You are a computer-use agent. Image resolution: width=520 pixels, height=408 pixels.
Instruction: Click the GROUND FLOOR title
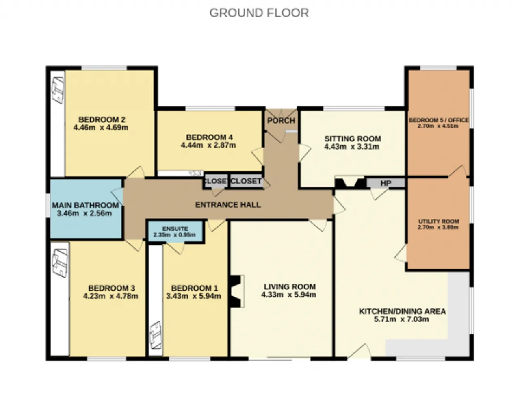point(259,13)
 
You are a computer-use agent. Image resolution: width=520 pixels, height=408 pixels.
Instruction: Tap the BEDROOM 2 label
point(102,119)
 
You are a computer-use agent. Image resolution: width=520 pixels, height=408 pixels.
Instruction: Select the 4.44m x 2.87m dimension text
point(208,145)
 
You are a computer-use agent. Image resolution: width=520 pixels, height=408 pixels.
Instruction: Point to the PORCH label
point(281,120)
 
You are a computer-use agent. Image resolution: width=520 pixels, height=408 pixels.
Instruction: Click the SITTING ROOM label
point(353,139)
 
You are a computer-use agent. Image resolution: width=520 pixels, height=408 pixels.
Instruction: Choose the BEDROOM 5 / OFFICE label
point(439,120)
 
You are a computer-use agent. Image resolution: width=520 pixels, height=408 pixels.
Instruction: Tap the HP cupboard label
point(386,183)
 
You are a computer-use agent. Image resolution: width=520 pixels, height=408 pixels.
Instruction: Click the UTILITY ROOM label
point(439,221)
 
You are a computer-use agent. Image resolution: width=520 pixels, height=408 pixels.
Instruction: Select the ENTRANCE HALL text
point(228,205)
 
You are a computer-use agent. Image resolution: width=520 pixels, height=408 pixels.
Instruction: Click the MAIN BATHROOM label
point(85,205)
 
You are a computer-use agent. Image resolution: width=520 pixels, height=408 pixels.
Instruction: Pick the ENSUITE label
point(175,229)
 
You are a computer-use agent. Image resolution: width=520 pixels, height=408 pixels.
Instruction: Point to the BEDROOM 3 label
point(112,288)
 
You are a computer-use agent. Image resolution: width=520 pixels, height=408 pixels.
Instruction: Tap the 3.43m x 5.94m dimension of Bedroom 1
point(193,296)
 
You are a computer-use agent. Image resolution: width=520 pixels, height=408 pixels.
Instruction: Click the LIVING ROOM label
point(290,286)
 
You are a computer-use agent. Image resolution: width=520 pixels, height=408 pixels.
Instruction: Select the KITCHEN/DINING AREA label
point(403,311)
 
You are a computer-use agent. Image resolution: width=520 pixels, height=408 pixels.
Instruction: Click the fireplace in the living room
point(237,291)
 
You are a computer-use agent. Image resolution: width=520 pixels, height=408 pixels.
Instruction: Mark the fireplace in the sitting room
point(350,182)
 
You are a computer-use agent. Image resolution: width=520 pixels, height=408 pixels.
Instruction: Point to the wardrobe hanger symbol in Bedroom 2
point(58,90)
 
